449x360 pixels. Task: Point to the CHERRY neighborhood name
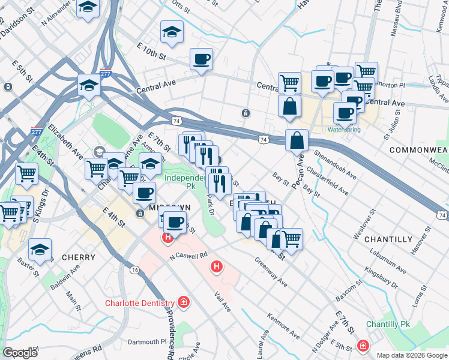tap(78, 257)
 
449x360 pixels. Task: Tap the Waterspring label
tap(343, 129)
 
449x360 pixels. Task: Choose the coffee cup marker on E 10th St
tap(201, 59)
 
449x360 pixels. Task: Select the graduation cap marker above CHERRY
tap(40, 249)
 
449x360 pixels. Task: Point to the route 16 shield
tap(135, 271)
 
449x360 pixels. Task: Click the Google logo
tap(20, 353)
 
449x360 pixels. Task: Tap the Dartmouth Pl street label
tap(146, 342)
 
